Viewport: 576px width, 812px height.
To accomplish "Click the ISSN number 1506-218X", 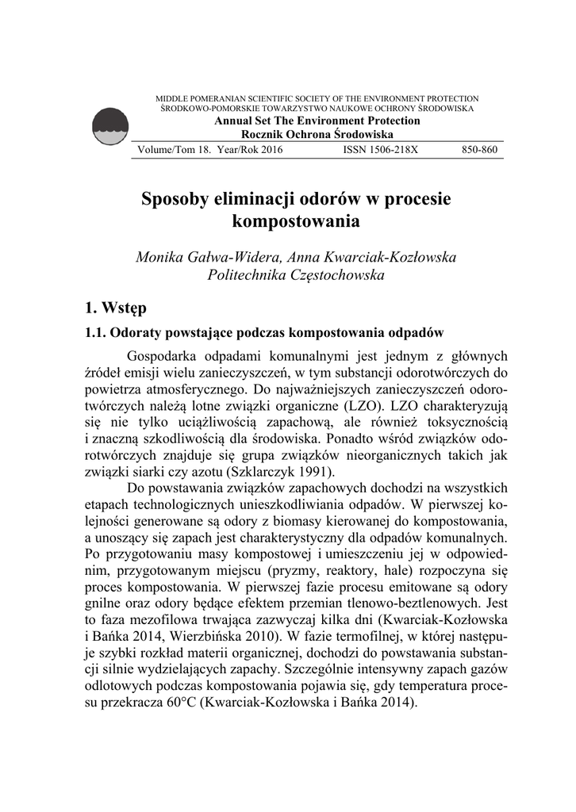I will click(x=380, y=149).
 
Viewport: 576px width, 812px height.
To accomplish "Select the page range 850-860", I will click(x=479, y=149).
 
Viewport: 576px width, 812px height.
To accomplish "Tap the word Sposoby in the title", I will click(x=171, y=198).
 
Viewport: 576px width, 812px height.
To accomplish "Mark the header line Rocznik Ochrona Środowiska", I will click(x=317, y=135).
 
